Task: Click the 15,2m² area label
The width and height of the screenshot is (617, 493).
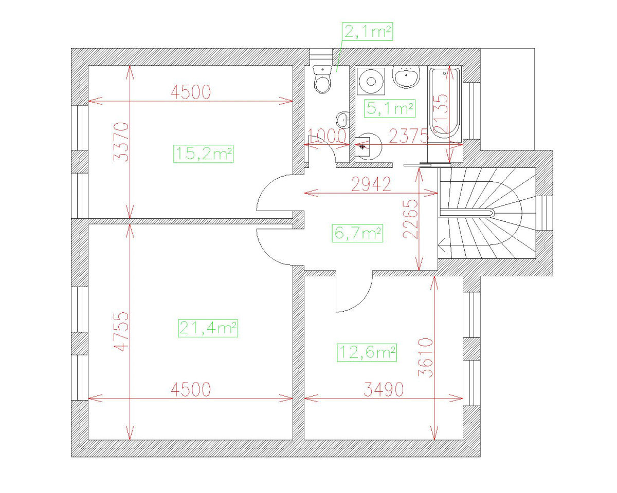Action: tap(204, 154)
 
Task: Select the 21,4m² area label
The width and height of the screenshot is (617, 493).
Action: tap(208, 328)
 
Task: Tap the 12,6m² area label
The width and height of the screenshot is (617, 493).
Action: tap(367, 353)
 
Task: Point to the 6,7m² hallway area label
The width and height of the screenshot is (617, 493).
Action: tap(358, 234)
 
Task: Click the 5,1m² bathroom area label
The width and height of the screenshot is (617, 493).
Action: tap(389, 109)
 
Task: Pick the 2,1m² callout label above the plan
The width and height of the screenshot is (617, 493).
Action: tap(368, 32)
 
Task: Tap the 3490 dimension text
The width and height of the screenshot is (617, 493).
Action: tap(384, 390)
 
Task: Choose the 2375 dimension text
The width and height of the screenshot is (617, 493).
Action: tap(409, 136)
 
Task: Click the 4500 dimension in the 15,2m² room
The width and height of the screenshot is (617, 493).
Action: tap(191, 92)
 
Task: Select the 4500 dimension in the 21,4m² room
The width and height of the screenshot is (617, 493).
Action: tap(191, 390)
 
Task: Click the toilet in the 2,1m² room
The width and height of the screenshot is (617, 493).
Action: tap(322, 80)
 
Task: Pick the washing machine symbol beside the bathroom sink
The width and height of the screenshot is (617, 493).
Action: tap(371, 80)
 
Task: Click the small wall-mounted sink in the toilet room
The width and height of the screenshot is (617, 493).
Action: tap(342, 120)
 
